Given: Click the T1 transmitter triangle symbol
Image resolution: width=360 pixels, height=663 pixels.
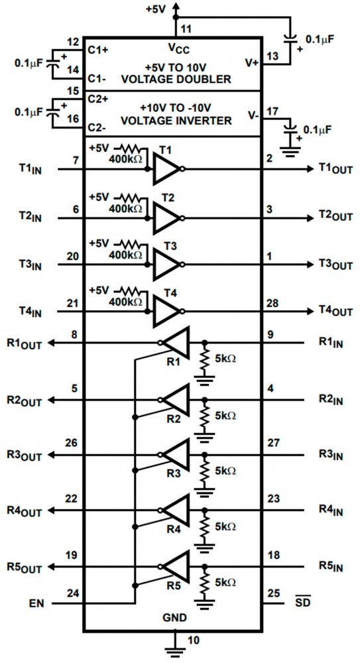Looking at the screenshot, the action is point(166,169).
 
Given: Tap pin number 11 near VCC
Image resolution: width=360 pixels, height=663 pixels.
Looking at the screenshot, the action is point(186,29).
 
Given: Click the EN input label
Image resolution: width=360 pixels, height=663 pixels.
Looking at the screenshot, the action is point(36,603).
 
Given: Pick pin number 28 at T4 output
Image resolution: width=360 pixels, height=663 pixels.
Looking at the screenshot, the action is point(273,303).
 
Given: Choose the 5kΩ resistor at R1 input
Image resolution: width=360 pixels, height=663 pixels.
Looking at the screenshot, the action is point(205,359).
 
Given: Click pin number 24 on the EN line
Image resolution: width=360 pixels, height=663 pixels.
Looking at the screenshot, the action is point(73,593).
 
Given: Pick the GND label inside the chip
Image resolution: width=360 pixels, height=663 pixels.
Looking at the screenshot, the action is point(174,618).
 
